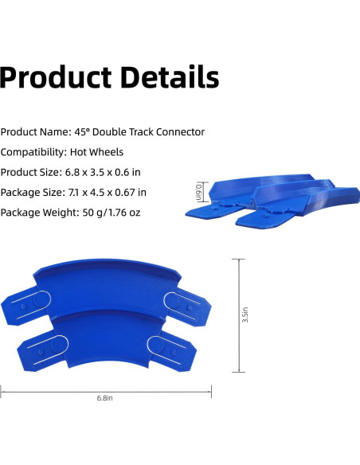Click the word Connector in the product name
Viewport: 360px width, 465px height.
point(177,132)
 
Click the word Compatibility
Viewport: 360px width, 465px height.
point(33,152)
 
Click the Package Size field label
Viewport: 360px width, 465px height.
point(35,192)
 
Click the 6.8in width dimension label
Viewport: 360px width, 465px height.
point(105,398)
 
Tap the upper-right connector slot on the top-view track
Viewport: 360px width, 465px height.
point(178,300)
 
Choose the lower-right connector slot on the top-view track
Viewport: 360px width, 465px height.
point(162,345)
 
